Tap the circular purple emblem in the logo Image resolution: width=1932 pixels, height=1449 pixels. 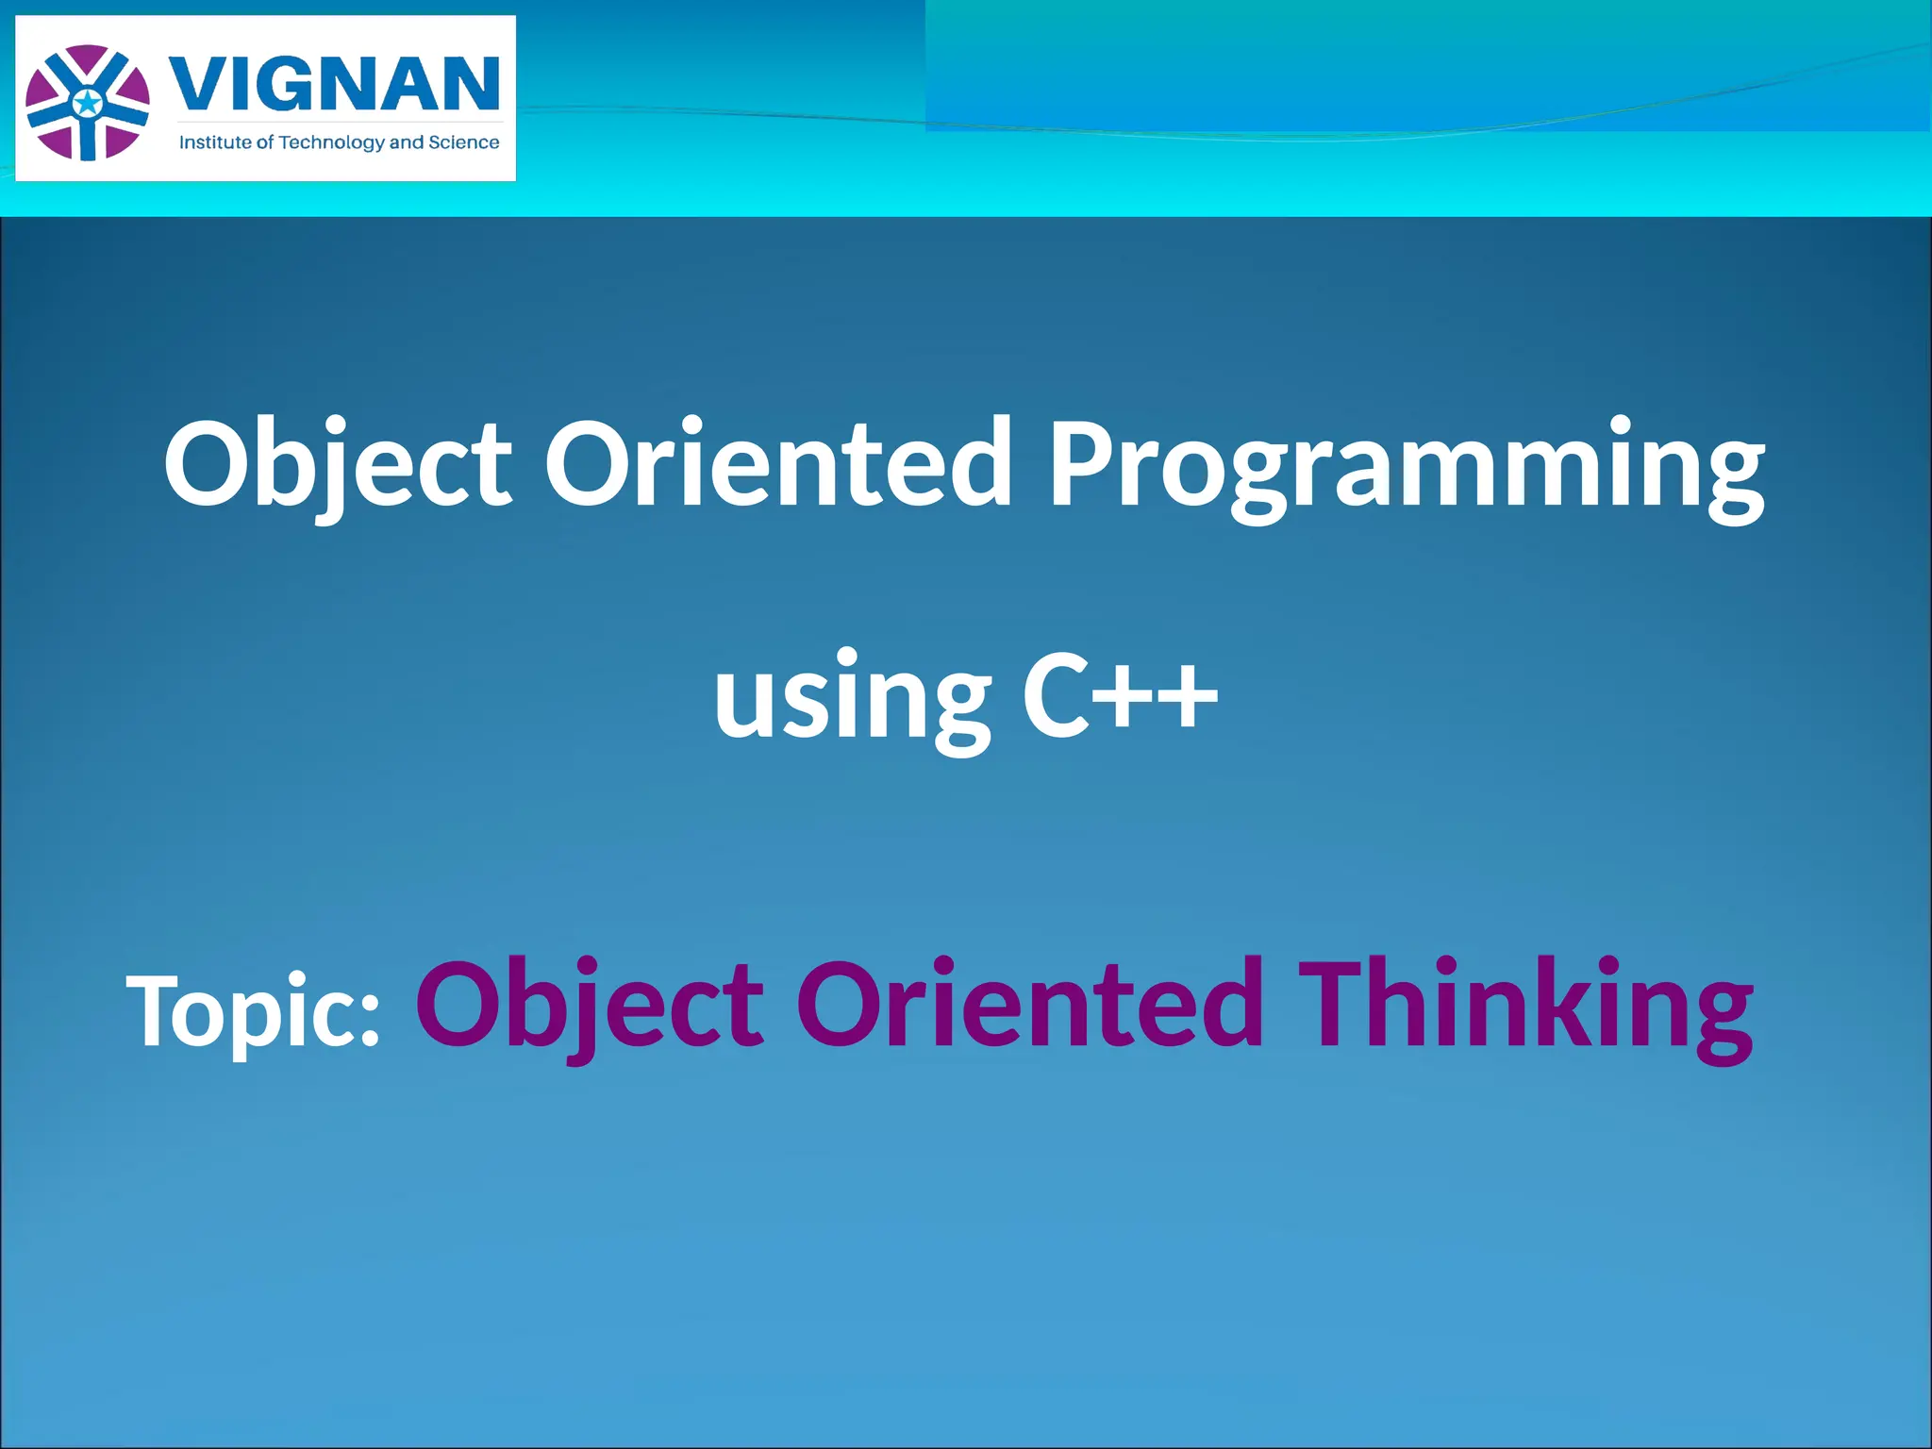[88, 103]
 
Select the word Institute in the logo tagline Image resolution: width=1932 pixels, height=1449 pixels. [214, 142]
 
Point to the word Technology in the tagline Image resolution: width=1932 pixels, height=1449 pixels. [332, 142]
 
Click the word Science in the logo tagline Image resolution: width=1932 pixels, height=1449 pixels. [464, 142]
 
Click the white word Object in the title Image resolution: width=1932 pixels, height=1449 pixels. [338, 464]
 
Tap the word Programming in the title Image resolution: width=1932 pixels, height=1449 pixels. [1406, 464]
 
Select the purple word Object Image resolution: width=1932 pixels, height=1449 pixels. [590, 1005]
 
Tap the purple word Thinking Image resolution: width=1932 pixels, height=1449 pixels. [1525, 1005]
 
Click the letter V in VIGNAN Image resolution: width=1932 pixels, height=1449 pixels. [197, 84]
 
